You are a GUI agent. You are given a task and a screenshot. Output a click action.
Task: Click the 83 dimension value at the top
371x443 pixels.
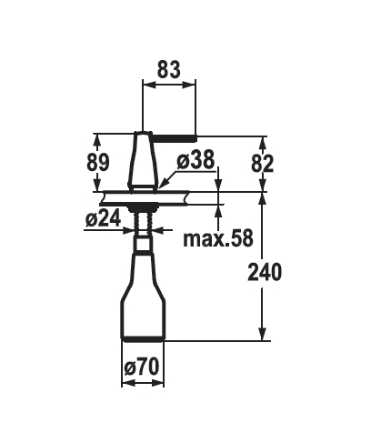pyautogui.click(x=168, y=69)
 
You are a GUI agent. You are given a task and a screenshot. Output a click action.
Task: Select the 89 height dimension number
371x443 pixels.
pyautogui.click(x=97, y=163)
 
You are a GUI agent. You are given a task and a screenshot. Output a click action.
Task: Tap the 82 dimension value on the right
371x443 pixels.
pyautogui.click(x=262, y=164)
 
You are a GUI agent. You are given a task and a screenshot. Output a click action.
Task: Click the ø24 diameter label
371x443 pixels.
pyautogui.click(x=103, y=218)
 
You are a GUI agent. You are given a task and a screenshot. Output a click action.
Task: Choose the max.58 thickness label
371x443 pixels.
pyautogui.click(x=218, y=238)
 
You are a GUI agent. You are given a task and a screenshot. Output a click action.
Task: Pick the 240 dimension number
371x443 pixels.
pyautogui.click(x=265, y=272)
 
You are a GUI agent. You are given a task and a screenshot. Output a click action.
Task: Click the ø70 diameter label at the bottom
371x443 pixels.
pyautogui.click(x=142, y=367)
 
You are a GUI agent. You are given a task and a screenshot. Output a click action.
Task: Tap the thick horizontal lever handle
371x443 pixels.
pyautogui.click(x=174, y=138)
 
